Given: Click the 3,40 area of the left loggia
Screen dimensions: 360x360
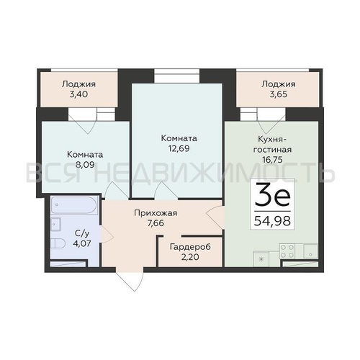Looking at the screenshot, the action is click(x=78, y=94).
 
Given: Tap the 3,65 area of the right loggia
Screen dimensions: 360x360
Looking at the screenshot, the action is click(x=279, y=94).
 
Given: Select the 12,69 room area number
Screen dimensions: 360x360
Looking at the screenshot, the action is click(x=179, y=148).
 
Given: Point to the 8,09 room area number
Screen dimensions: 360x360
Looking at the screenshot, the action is click(x=85, y=165).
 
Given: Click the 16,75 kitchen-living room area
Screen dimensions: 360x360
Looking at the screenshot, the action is click(x=272, y=160).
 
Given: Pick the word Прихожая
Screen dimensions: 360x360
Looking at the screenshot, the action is click(x=156, y=213).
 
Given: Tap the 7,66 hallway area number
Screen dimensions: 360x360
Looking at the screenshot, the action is click(x=156, y=223).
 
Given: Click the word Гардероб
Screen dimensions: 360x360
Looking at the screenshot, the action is click(x=190, y=247).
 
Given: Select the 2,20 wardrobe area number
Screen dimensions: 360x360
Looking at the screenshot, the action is click(x=190, y=257).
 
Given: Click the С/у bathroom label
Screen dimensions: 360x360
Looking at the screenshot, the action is click(x=82, y=233).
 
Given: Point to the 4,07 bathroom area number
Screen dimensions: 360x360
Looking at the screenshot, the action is click(x=82, y=243).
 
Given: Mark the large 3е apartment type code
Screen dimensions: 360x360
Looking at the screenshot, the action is click(x=272, y=195).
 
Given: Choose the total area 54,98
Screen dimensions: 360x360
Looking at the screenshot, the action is click(x=272, y=221).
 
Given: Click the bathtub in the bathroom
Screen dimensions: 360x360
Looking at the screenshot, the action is click(x=74, y=204).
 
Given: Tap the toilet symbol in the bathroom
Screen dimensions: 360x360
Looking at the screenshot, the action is click(x=58, y=244).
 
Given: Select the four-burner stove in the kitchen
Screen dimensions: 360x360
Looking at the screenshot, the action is click(x=287, y=251).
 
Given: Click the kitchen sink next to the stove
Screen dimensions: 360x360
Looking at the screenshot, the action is click(x=310, y=251).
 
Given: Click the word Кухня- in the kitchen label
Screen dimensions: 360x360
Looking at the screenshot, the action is click(x=272, y=139).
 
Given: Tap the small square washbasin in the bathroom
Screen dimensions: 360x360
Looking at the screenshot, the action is click(x=55, y=225).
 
